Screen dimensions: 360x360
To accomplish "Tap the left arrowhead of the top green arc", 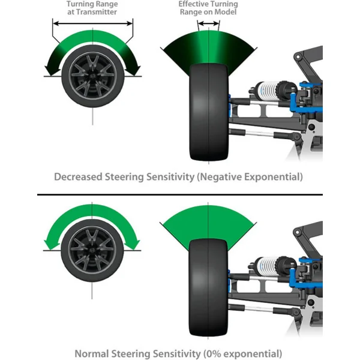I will pyautogui.click(x=52, y=73).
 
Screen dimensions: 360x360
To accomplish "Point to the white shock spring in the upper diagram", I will pyautogui.click(x=266, y=93).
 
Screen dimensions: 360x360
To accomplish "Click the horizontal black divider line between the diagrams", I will pyautogui.click(x=180, y=194).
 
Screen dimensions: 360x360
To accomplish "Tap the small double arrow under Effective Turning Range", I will pyautogui.click(x=209, y=23).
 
